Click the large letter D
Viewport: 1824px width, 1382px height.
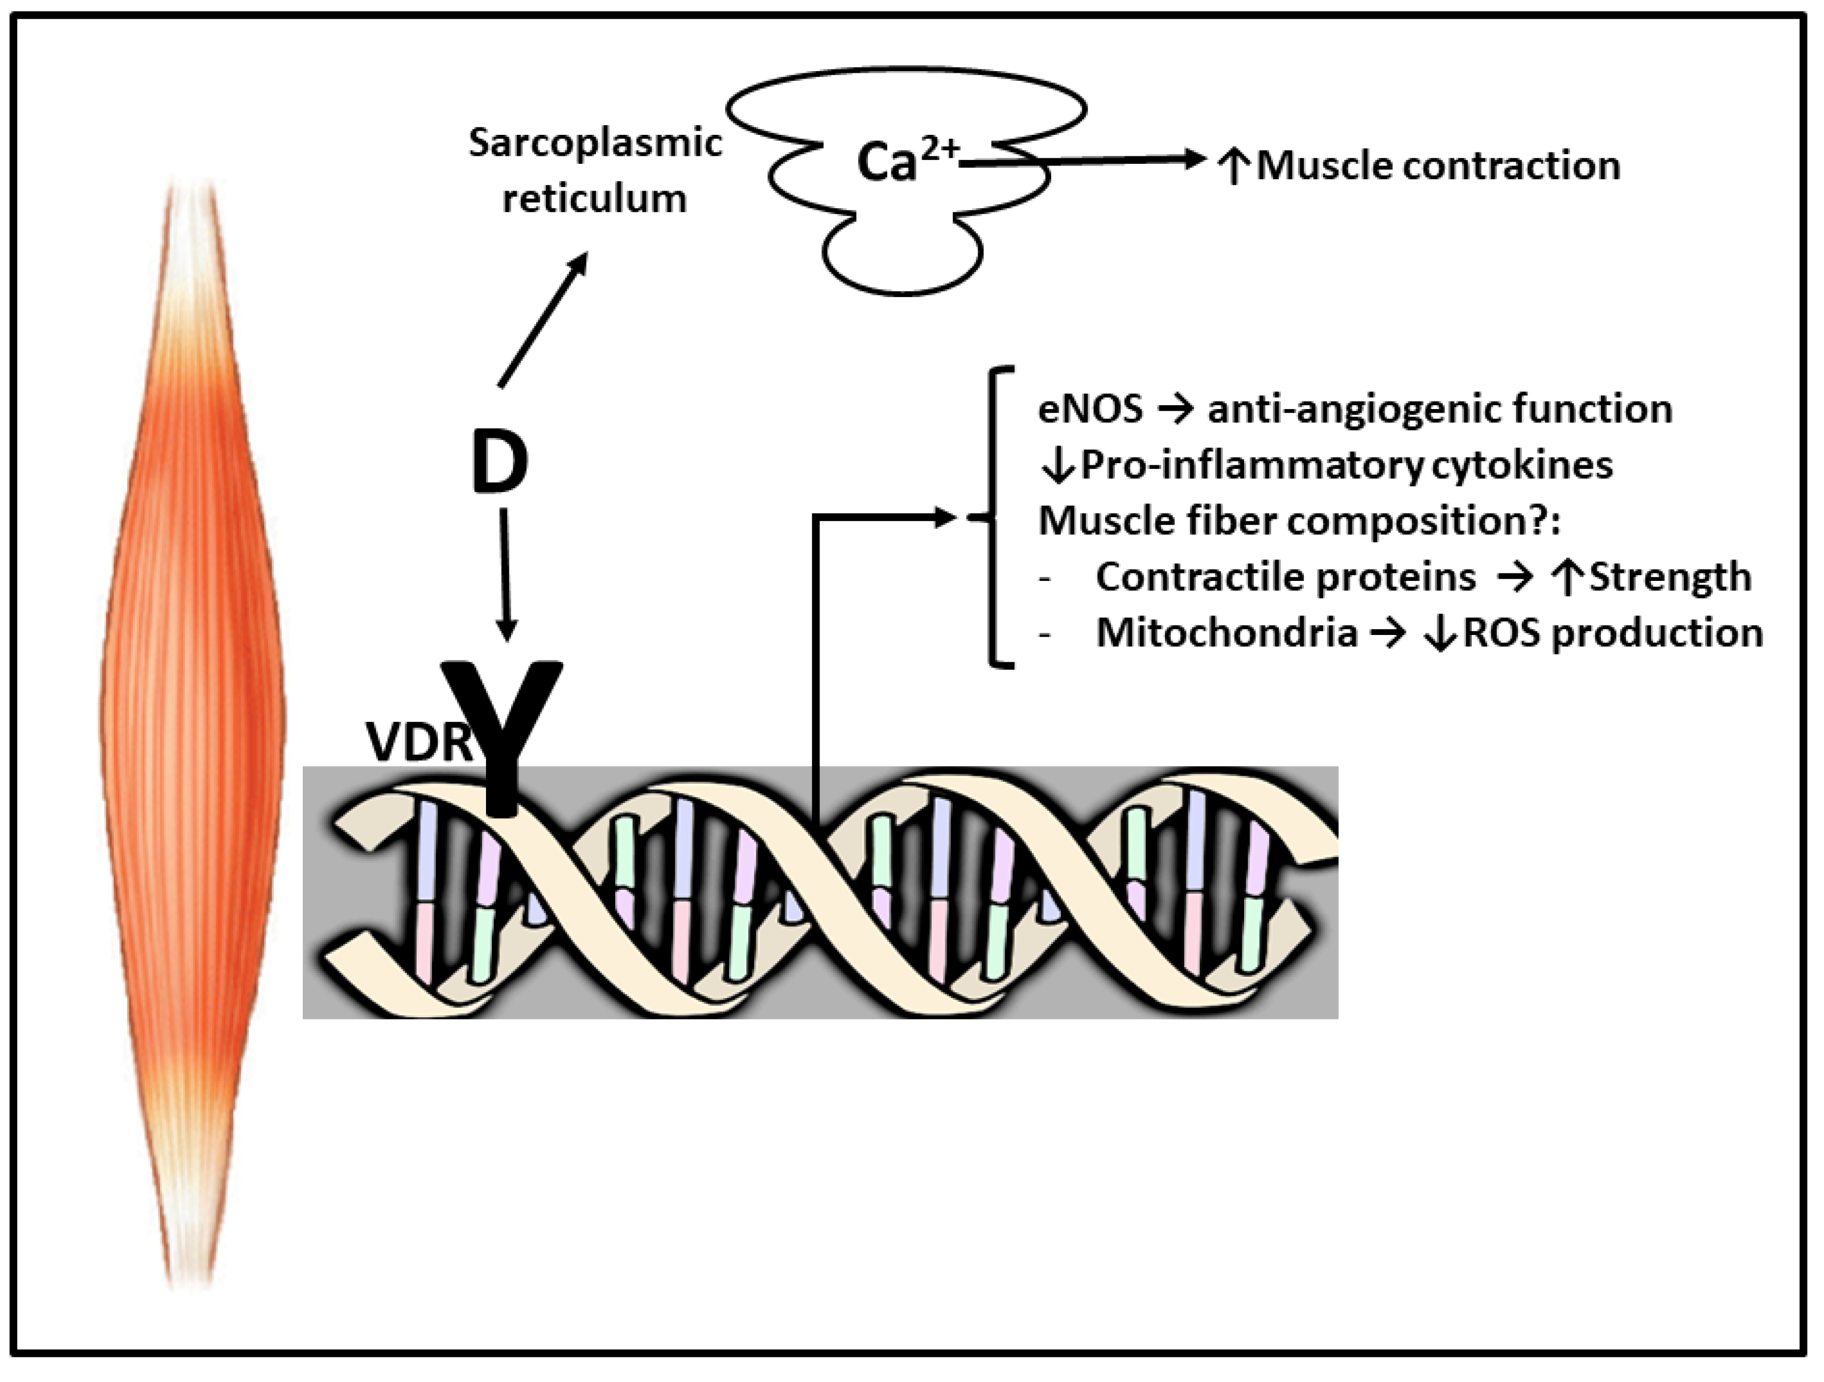click(499, 463)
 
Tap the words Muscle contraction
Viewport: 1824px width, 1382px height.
click(1437, 166)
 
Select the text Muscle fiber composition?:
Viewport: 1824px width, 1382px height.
click(1299, 521)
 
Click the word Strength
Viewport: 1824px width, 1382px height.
click(1670, 576)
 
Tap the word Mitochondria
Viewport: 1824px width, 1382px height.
click(1226, 633)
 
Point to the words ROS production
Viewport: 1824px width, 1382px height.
click(1612, 633)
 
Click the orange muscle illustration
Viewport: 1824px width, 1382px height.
click(193, 725)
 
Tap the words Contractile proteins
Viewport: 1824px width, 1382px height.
click(1284, 576)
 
